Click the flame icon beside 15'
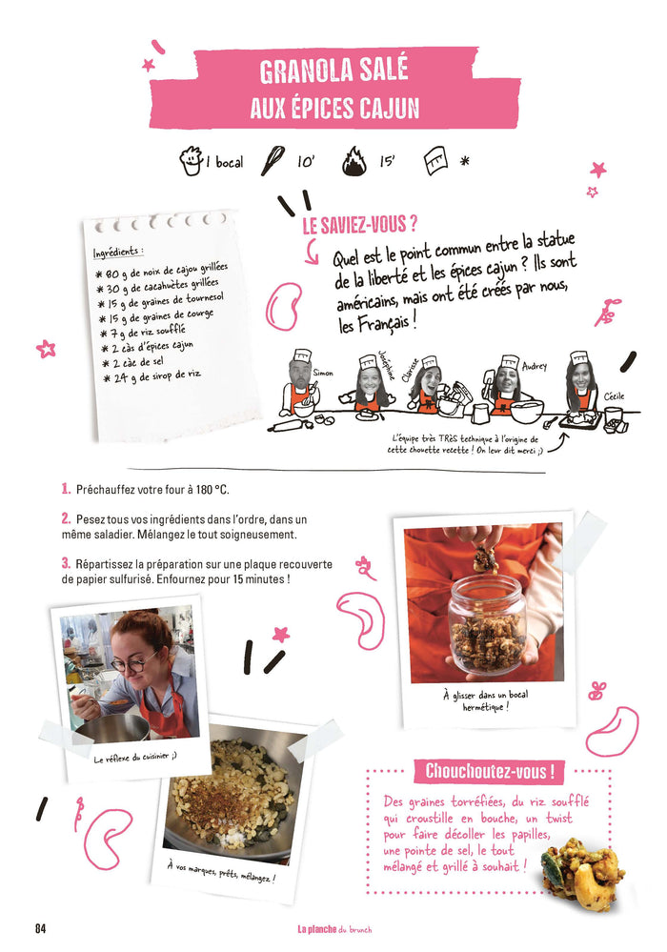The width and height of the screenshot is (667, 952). click(x=354, y=161)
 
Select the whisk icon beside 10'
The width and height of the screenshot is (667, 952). click(x=273, y=160)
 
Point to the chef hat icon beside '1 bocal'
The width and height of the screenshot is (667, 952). click(x=191, y=161)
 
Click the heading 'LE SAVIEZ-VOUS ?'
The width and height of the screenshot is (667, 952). click(x=360, y=225)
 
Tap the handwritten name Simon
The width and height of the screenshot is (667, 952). click(x=323, y=373)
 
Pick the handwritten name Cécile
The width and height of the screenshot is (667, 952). click(x=614, y=396)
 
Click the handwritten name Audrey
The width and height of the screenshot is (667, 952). click(x=535, y=366)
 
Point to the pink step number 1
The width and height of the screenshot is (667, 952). click(x=66, y=489)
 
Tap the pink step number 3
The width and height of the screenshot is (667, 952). click(x=66, y=563)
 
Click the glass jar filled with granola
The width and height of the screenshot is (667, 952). click(x=488, y=624)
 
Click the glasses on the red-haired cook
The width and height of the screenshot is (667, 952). click(x=134, y=661)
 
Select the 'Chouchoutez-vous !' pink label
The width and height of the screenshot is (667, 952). click(x=489, y=771)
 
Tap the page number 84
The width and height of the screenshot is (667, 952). click(x=40, y=928)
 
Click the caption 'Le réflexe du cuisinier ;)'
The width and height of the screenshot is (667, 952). click(x=135, y=757)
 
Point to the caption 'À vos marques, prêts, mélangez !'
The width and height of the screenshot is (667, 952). click(x=221, y=872)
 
